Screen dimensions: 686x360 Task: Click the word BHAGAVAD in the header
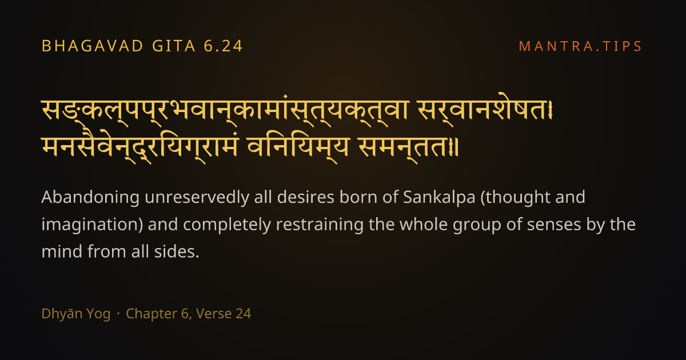coord(92,46)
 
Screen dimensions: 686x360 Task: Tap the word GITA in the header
coord(174,46)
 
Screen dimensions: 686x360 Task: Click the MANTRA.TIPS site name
coord(580,46)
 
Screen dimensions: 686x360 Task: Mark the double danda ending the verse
coord(455,147)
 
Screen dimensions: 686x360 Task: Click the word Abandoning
coord(90,197)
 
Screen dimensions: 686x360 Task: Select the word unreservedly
coord(197,197)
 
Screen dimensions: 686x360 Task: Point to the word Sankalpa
coord(439,197)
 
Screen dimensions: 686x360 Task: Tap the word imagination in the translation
coord(91,225)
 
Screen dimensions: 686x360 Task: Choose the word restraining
coord(320,225)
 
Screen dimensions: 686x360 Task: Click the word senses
coord(554,225)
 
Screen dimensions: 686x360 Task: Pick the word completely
coord(227,225)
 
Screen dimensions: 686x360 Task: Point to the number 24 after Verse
coord(244,314)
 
